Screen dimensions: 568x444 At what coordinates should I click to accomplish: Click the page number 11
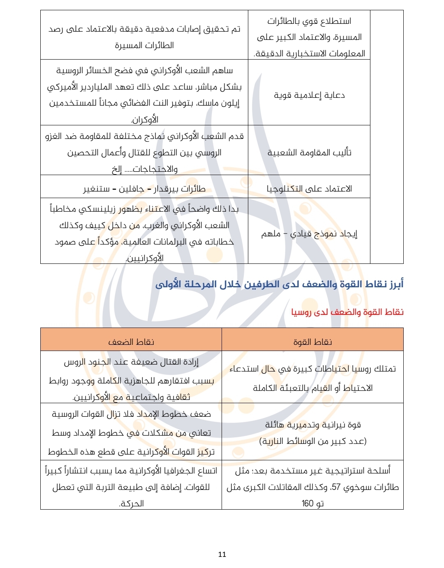click(222, 554)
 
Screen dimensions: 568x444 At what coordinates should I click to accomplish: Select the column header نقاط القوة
click(312, 342)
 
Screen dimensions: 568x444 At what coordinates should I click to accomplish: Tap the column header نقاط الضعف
click(131, 342)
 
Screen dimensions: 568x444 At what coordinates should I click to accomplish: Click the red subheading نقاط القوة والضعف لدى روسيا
click(347, 312)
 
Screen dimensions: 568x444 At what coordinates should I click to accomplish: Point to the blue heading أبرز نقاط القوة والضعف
click(280, 284)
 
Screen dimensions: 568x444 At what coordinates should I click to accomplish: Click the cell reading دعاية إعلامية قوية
click(309, 95)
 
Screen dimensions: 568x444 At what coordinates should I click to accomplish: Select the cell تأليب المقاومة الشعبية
click(309, 153)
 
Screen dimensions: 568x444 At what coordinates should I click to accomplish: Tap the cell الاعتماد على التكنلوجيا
click(309, 189)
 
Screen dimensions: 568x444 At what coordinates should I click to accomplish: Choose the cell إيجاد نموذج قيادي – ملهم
click(309, 234)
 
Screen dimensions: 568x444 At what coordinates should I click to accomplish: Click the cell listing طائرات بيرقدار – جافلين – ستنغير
click(144, 189)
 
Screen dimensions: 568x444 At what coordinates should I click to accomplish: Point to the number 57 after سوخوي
click(336, 487)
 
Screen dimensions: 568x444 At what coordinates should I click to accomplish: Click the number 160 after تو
click(307, 503)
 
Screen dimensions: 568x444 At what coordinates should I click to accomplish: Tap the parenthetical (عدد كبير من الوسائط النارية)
click(312, 441)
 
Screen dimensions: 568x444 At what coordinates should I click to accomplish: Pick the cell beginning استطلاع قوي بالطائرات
click(309, 37)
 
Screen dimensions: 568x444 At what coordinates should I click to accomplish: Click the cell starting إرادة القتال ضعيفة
click(131, 379)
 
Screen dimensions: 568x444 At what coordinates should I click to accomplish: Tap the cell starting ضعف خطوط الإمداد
click(131, 432)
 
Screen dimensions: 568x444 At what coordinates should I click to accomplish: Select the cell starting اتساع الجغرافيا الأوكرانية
click(131, 487)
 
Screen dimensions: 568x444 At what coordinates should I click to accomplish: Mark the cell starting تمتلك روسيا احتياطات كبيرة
click(312, 378)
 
